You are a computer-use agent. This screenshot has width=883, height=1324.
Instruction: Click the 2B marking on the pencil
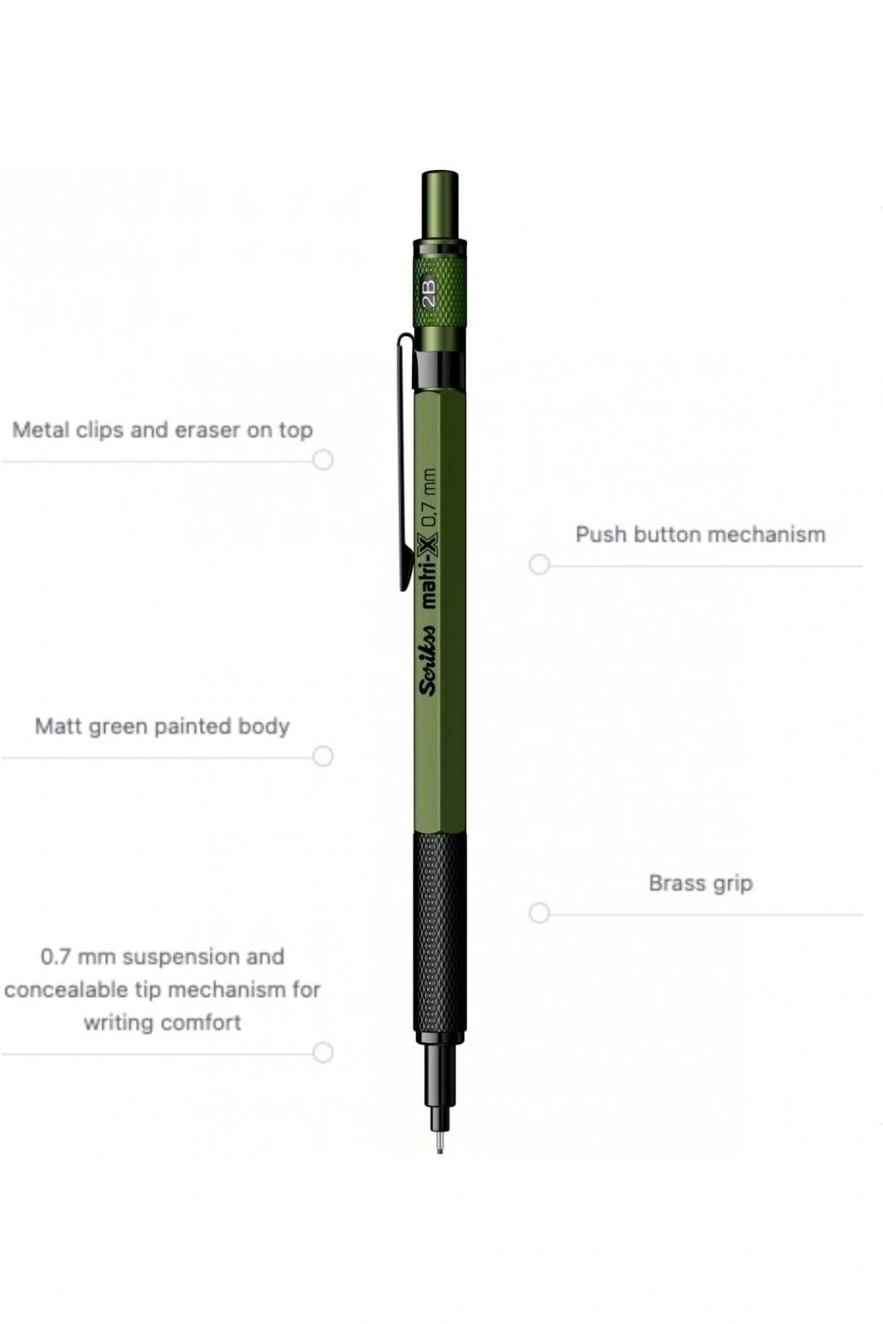429,291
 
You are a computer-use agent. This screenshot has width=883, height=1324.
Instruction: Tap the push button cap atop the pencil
440,204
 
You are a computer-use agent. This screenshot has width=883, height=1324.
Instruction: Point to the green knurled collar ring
440,290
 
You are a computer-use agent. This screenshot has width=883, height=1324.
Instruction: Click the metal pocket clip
406,462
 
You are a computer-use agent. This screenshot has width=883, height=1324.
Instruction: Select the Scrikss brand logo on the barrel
428,660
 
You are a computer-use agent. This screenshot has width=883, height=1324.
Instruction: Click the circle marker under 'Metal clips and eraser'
323,459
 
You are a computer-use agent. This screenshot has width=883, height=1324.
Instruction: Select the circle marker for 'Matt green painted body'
323,756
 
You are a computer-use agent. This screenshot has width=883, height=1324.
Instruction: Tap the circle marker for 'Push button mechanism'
540,565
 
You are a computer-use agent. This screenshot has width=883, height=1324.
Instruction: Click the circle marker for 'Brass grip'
540,913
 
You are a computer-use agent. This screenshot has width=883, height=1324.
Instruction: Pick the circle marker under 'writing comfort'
323,1052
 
